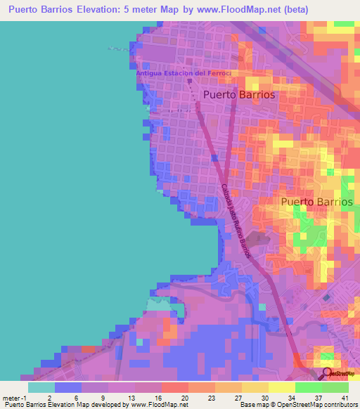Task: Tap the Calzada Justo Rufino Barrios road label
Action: click(x=236, y=219)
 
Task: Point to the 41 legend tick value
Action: click(x=345, y=397)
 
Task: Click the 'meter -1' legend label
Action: click(x=14, y=397)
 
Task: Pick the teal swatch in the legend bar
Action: click(x=41, y=387)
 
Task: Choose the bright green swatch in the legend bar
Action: click(x=309, y=387)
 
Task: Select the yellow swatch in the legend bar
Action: click(x=282, y=387)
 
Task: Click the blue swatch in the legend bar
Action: click(x=68, y=387)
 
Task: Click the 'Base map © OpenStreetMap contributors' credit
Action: click(x=299, y=405)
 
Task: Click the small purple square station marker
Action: click(x=189, y=80)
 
